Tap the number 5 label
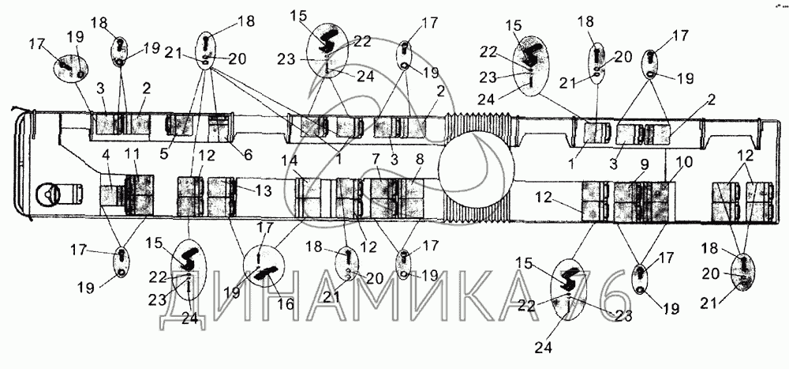[164, 155]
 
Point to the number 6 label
[249, 155]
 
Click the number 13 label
[264, 190]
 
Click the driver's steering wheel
[48, 192]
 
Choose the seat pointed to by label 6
[219, 129]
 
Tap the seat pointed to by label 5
[178, 125]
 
